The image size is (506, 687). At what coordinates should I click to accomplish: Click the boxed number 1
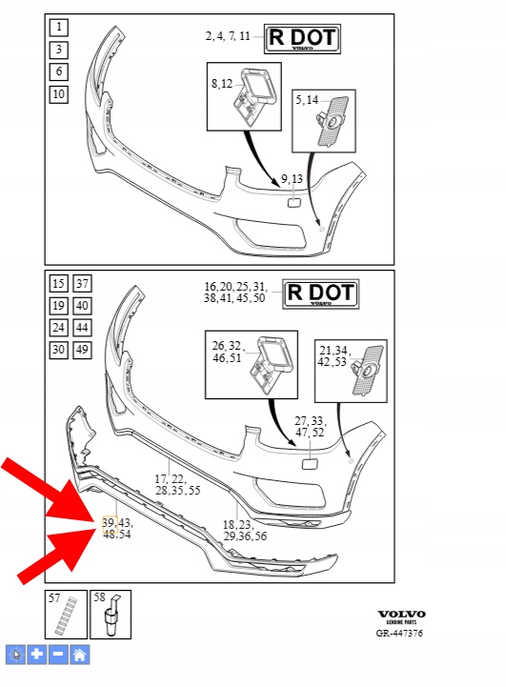59,28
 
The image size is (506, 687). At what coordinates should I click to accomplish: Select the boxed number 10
59,93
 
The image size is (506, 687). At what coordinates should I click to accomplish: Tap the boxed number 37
82,284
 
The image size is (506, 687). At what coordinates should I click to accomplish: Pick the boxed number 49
82,350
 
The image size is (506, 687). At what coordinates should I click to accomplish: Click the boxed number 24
59,327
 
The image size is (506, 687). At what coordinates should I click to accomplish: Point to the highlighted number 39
109,522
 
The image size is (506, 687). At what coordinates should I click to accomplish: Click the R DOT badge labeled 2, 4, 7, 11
302,39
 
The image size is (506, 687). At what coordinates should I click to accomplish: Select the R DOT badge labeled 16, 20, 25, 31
321,294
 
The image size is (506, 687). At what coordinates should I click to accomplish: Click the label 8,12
222,83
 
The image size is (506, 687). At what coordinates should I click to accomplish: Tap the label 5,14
307,100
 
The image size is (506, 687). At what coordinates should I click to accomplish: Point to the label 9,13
292,179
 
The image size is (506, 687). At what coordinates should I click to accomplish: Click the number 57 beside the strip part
54,598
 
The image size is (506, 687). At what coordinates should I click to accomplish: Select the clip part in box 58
111,616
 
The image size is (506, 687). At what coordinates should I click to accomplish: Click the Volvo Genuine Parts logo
402,616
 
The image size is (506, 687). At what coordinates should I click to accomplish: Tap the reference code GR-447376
399,633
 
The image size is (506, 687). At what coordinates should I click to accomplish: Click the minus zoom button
58,655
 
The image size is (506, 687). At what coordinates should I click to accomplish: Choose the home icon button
80,655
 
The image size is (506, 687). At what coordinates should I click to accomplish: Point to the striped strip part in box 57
66,616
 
